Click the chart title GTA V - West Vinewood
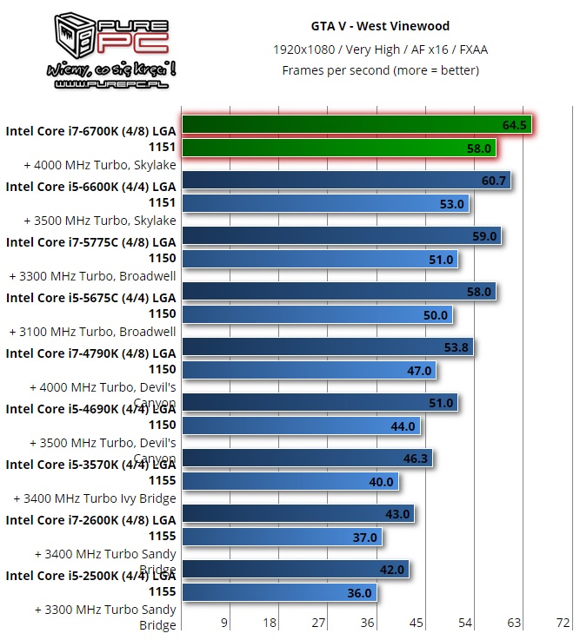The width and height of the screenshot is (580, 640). (380, 26)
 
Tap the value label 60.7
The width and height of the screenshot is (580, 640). (493, 181)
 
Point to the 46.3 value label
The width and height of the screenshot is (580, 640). (415, 459)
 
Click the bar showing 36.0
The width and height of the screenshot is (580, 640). (270, 592)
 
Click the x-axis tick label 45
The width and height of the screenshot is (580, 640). (417, 623)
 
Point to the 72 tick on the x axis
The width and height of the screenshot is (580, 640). (563, 623)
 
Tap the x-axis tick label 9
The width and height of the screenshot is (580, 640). (223, 623)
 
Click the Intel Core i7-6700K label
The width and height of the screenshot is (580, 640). (90, 139)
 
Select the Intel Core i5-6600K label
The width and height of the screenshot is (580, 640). (90, 194)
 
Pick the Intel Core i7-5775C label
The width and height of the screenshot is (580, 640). (90, 250)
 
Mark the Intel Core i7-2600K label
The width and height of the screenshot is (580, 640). (90, 528)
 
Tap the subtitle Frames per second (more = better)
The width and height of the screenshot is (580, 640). (380, 70)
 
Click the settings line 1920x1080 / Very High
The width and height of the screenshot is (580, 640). (380, 49)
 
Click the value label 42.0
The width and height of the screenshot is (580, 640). (392, 570)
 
